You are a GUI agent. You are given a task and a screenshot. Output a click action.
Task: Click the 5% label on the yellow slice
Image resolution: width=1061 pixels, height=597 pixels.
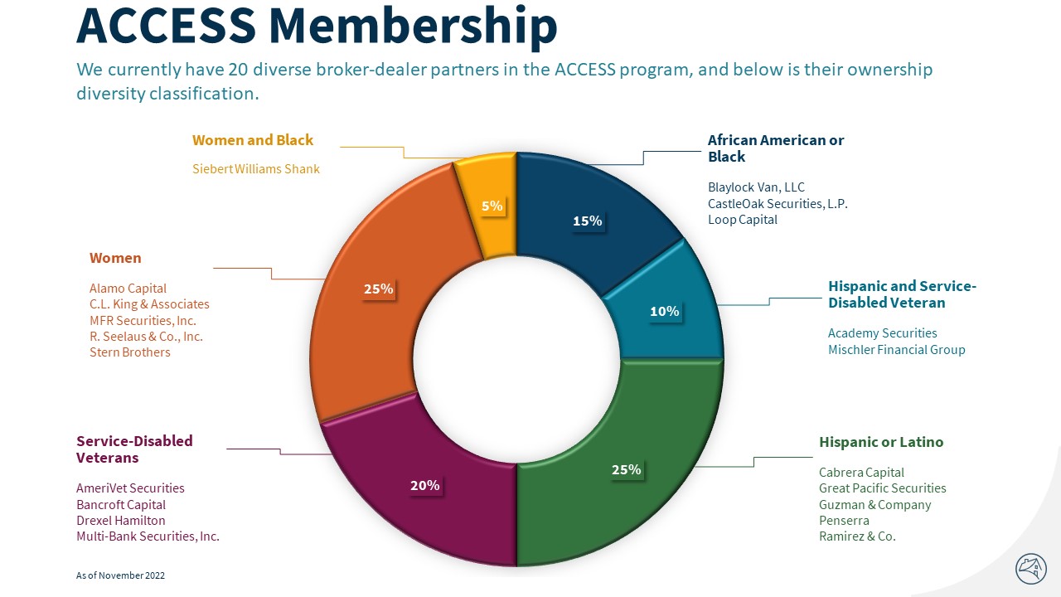pyautogui.click(x=492, y=206)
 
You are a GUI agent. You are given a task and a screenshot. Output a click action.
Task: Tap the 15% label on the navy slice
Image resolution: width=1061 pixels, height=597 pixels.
pyautogui.click(x=587, y=221)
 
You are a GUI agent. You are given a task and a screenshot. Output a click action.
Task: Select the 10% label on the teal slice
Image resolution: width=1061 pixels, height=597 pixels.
pyautogui.click(x=665, y=312)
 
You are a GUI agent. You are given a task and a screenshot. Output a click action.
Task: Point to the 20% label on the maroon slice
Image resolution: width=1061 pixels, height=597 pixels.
pyautogui.click(x=425, y=485)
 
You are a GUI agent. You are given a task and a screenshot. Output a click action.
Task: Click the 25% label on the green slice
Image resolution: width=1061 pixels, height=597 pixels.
pyautogui.click(x=626, y=469)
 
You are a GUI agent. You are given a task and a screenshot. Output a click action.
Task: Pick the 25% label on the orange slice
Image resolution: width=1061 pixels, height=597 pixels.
pyautogui.click(x=378, y=289)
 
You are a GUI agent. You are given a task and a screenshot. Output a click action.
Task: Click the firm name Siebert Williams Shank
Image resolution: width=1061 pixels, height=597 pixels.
pyautogui.click(x=256, y=169)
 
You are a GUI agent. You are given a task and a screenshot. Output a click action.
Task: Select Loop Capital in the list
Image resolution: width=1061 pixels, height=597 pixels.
pyautogui.click(x=743, y=220)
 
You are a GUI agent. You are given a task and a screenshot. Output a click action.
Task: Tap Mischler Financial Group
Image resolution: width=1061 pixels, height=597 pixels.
pyautogui.click(x=896, y=349)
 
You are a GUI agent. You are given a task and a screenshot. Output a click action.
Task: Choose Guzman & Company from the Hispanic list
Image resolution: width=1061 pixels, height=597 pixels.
pyautogui.click(x=874, y=504)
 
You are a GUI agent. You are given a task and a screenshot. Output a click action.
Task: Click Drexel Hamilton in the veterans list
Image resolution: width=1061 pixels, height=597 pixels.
pyautogui.click(x=121, y=521)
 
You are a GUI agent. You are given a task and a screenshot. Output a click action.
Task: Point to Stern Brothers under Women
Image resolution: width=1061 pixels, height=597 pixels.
pyautogui.click(x=130, y=352)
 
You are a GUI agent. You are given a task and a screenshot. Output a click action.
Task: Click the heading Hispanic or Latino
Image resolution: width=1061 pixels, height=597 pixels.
pyautogui.click(x=881, y=442)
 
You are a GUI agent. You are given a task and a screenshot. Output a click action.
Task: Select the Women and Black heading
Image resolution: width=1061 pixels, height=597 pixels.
pyautogui.click(x=253, y=140)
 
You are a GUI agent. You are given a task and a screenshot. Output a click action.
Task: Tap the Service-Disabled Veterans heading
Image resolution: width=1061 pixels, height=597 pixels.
pyautogui.click(x=134, y=449)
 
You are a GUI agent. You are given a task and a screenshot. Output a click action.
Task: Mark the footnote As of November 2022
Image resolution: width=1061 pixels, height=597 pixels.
pyautogui.click(x=120, y=575)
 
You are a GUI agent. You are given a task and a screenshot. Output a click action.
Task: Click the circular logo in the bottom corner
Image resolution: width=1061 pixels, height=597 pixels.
pyautogui.click(x=1031, y=569)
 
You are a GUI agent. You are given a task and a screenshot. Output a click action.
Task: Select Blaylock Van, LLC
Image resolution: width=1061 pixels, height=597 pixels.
pyautogui.click(x=756, y=187)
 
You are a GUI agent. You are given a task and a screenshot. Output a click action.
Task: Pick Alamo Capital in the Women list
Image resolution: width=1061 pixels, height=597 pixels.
pyautogui.click(x=128, y=288)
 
